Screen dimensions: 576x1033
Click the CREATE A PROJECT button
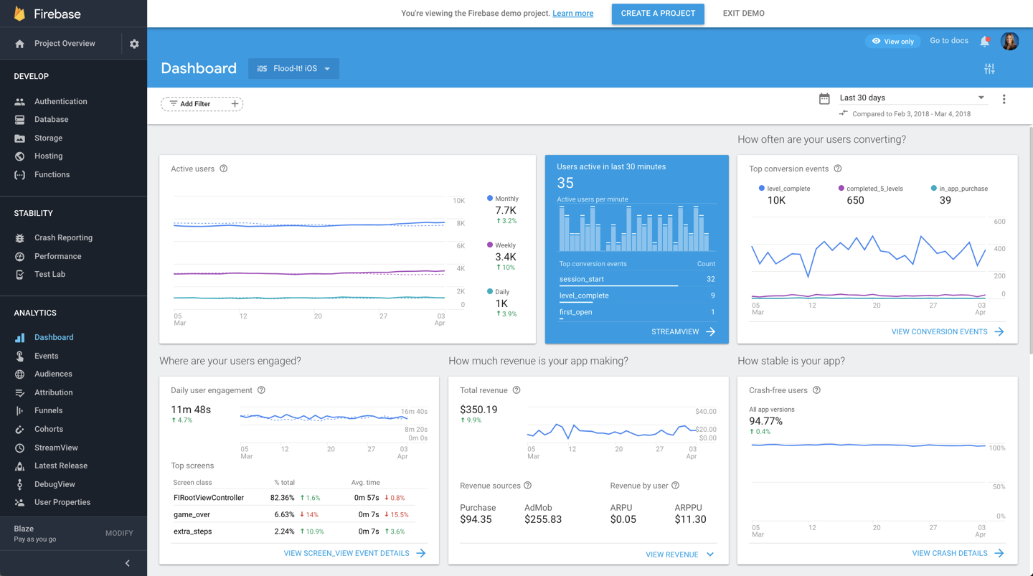point(658,14)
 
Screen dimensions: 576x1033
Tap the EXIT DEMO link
point(743,14)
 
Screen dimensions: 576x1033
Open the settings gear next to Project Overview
point(134,44)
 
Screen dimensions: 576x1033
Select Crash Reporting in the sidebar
point(63,238)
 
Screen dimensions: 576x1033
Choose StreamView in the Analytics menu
point(56,448)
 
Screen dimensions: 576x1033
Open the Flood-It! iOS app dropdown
point(293,69)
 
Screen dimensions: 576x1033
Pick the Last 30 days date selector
point(911,98)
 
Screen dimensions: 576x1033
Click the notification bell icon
point(985,42)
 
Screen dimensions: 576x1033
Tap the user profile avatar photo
point(1009,42)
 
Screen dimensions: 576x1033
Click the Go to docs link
point(948,41)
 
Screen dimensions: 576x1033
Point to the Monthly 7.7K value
point(506,210)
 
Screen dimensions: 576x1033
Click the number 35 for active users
point(565,184)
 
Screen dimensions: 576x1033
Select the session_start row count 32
point(710,279)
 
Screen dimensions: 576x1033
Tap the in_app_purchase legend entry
point(959,189)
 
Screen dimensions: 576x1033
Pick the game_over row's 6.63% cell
point(284,514)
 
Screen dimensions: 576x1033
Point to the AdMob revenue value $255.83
point(543,519)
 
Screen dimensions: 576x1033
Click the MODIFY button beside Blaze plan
point(119,534)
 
